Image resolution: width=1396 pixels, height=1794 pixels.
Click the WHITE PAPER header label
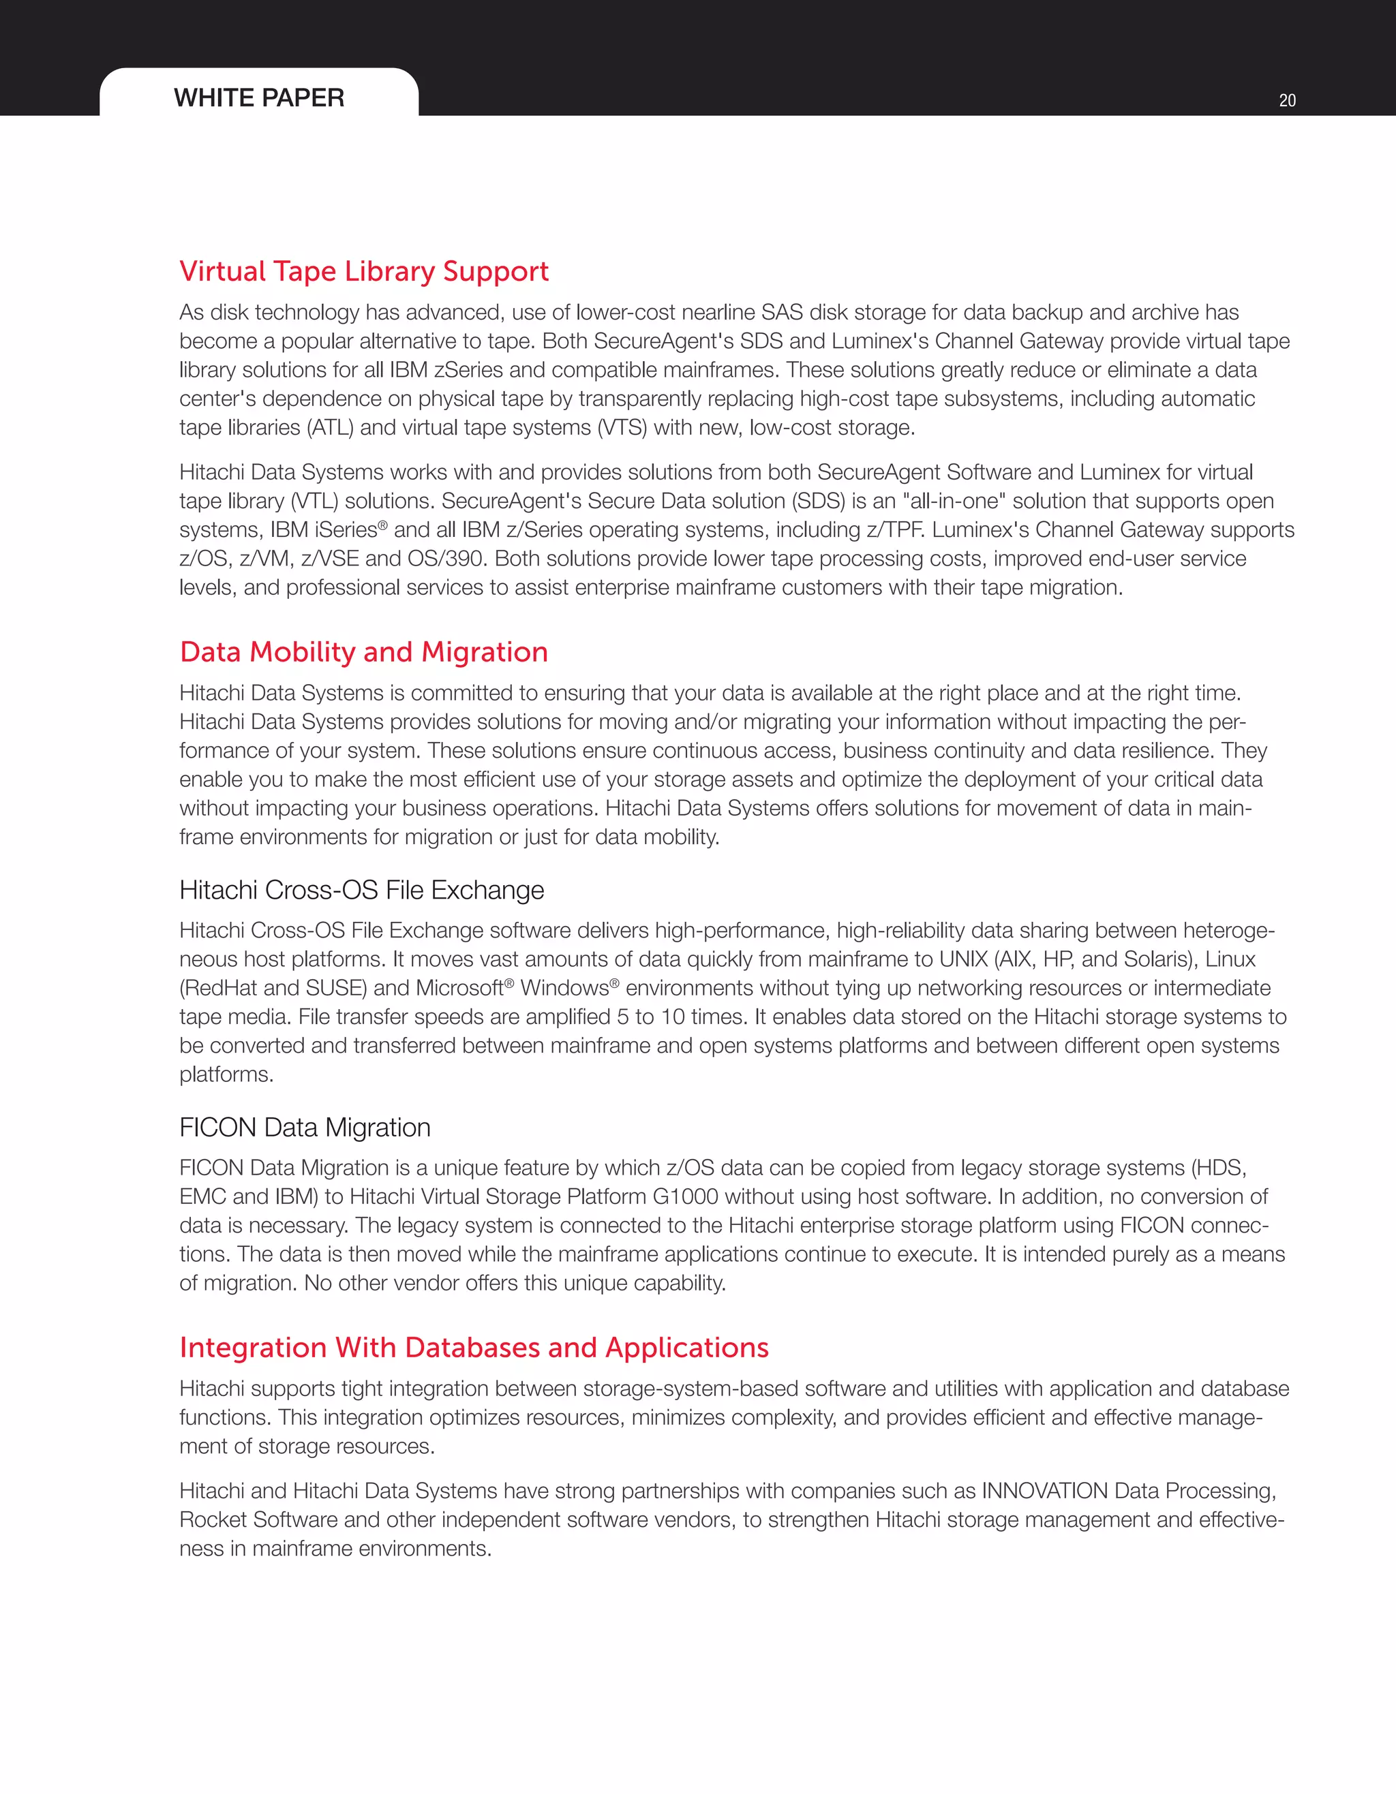[259, 97]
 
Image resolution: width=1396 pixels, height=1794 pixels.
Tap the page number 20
[1287, 100]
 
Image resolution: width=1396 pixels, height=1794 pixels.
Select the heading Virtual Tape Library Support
[364, 271]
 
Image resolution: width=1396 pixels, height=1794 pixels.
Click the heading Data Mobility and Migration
[363, 651]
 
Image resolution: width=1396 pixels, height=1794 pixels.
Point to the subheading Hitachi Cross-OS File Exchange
[361, 890]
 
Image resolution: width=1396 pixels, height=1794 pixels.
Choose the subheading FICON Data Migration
[305, 1127]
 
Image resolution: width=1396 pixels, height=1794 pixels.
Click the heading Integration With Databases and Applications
[474, 1347]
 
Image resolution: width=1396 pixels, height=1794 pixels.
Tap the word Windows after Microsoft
[564, 987]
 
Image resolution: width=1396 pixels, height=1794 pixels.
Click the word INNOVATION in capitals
[1044, 1490]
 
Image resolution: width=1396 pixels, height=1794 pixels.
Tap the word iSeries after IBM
[345, 530]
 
